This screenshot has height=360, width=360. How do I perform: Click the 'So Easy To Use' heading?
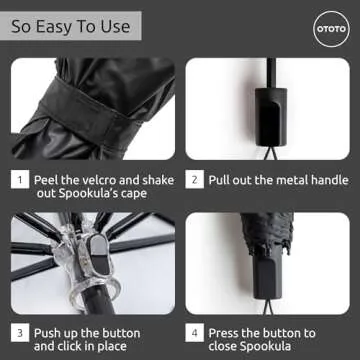70,26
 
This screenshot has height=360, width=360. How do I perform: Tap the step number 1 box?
20,181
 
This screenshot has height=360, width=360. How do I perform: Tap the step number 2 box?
194,181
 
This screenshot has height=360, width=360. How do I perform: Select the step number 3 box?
20,332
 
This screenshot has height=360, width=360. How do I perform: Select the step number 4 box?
194,332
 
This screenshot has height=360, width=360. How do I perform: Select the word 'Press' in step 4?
226,332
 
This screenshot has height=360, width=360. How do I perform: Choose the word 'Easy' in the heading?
60,26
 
